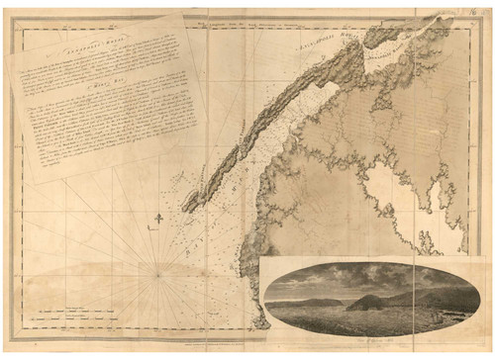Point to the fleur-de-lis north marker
158,220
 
